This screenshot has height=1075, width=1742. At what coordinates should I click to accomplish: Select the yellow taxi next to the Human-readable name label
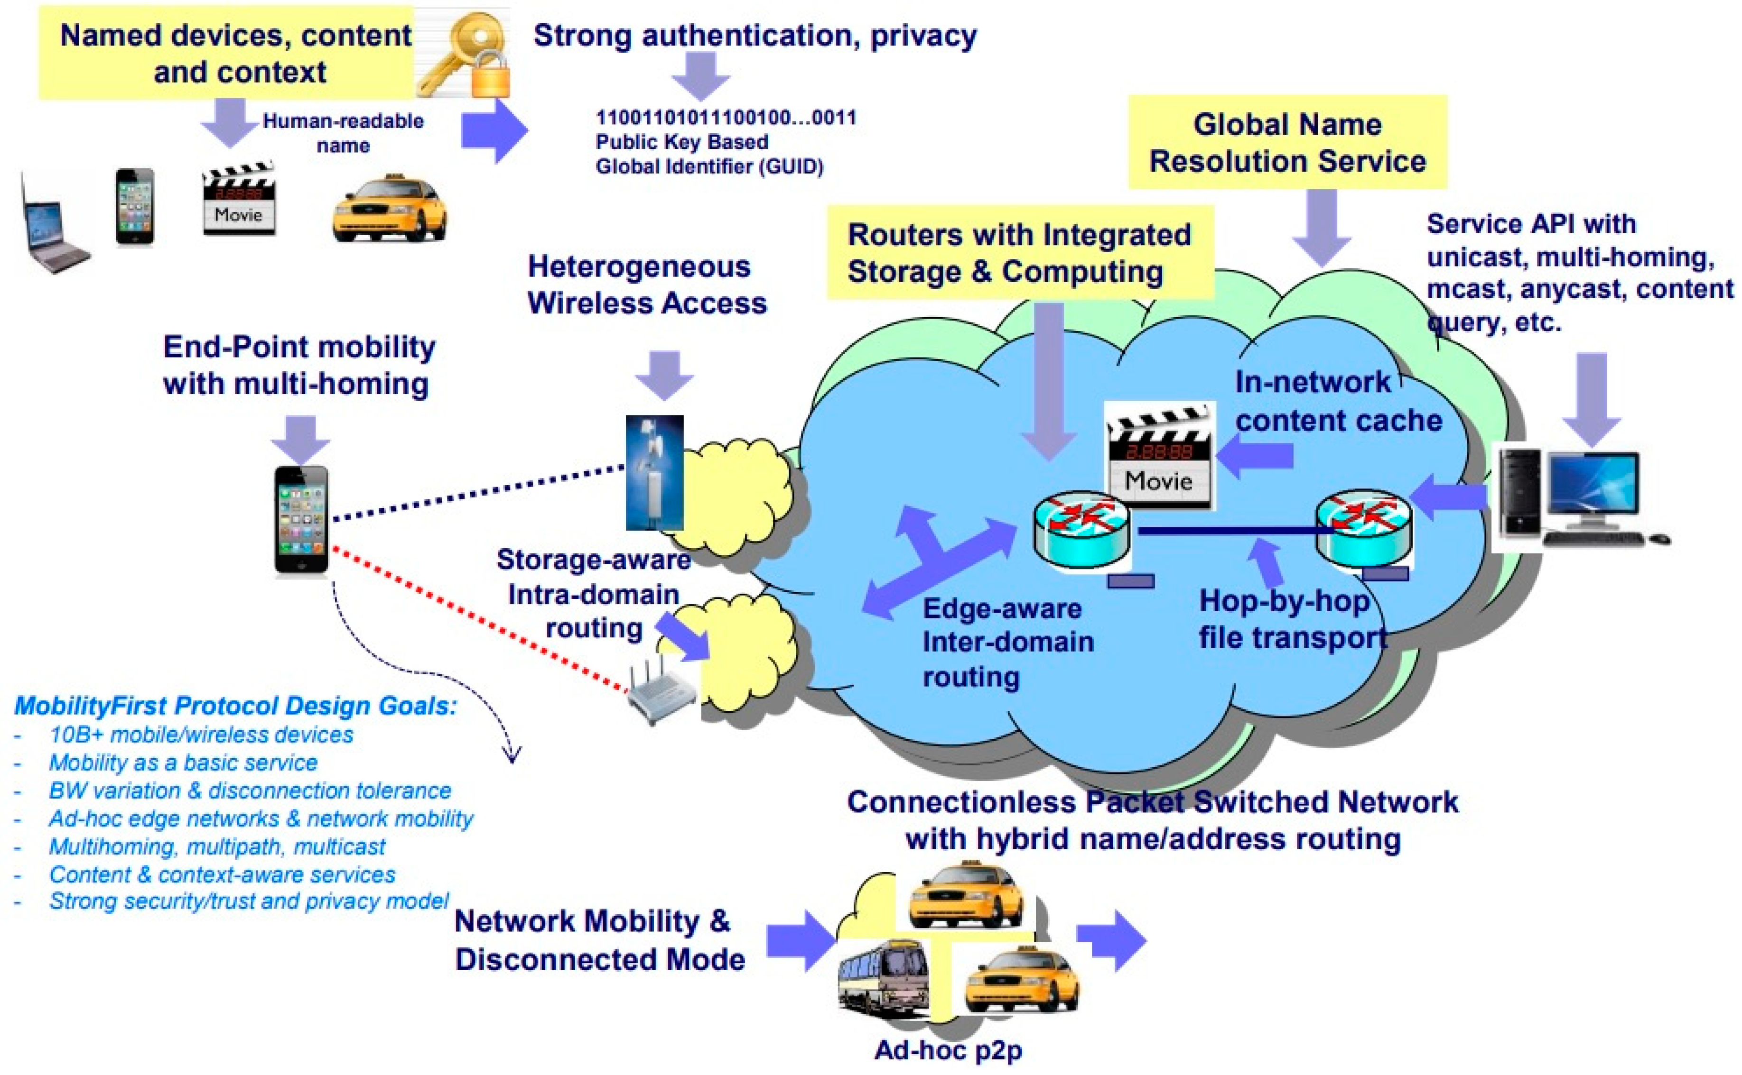coord(390,208)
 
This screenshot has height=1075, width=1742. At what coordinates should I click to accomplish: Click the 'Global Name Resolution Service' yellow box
coord(1287,143)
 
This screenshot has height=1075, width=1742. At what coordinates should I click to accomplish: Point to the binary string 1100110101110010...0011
coord(726,117)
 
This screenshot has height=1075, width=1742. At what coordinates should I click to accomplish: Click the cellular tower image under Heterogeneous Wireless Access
coord(654,473)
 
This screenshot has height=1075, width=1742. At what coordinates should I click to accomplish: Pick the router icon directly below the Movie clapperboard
coord(1081,530)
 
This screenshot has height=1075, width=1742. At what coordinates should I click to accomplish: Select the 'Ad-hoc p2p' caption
coord(948,1049)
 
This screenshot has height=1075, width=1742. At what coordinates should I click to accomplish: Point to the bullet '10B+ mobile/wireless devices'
coord(201,735)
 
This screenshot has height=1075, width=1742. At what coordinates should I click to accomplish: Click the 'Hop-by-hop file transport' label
coord(1291,618)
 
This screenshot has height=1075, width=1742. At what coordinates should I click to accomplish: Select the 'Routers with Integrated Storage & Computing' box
coord(1019,253)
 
